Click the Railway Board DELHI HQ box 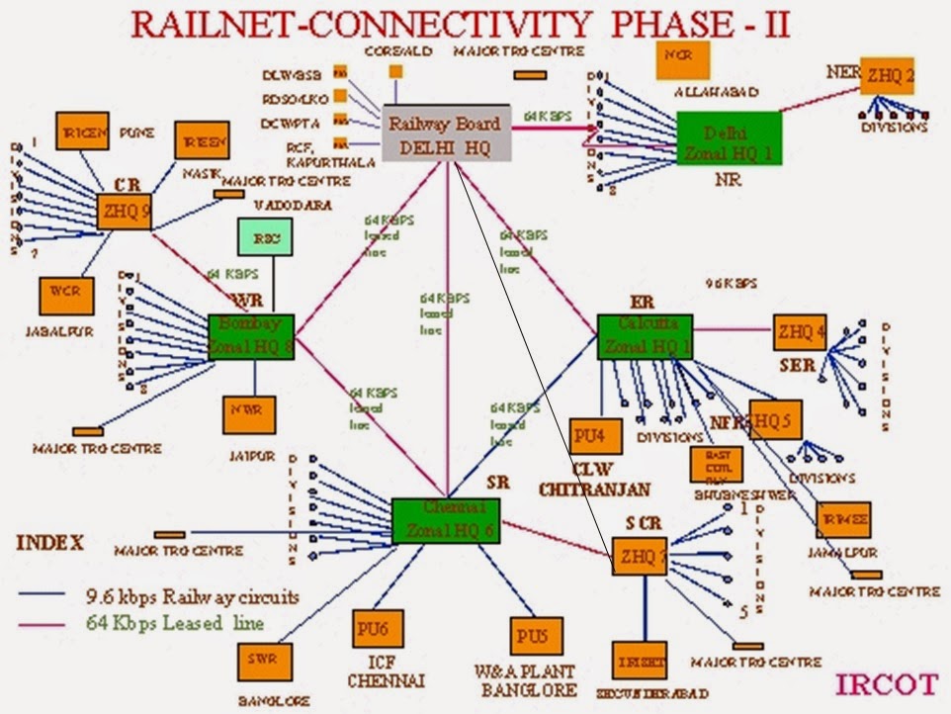point(446,134)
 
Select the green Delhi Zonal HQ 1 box point(729,142)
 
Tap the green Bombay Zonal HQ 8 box point(251,337)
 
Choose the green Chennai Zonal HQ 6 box point(446,520)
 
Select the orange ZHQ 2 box point(888,73)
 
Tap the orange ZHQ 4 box point(799,332)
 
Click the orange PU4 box point(596,436)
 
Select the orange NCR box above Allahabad point(683,57)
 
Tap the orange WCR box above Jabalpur point(66,295)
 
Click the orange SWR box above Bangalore point(264,661)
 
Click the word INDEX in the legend point(50,543)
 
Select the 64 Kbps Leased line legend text point(174,623)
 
